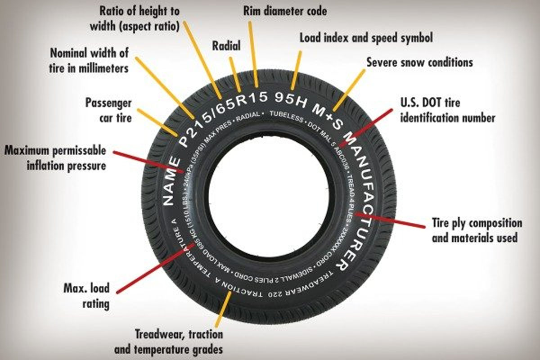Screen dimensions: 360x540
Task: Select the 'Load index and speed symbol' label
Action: click(366, 38)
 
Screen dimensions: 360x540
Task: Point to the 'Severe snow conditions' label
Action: click(419, 62)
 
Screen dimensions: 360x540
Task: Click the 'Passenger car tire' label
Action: click(108, 110)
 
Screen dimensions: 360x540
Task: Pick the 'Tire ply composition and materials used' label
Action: click(477, 230)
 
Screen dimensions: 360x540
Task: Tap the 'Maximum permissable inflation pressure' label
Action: click(55, 157)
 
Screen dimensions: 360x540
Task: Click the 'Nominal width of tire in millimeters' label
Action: click(90, 60)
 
